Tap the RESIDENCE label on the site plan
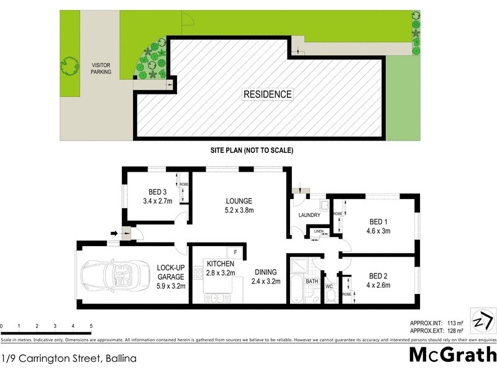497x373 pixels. coord(267,94)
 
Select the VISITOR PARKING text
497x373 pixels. coord(101,68)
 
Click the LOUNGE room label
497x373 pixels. coord(239,205)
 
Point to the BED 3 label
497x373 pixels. coord(157,196)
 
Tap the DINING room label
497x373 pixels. coord(265,276)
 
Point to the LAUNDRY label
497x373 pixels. coord(309,215)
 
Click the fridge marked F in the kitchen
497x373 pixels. coord(236,252)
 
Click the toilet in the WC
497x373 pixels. coord(330,296)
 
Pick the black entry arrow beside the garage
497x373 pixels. coord(114,234)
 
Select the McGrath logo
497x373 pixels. coord(452,354)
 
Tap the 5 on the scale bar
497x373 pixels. coord(91,326)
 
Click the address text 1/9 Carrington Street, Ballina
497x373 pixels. coord(69,359)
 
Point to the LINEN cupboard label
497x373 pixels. coord(319,232)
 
